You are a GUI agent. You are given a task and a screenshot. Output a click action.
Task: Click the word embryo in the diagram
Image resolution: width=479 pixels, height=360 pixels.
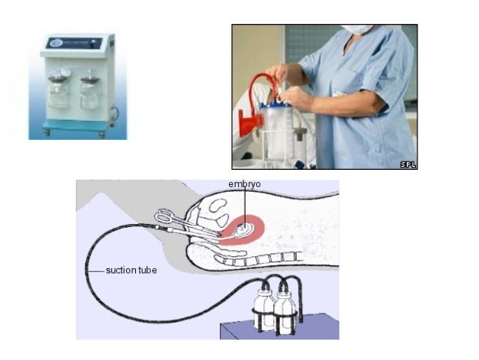click(245, 184)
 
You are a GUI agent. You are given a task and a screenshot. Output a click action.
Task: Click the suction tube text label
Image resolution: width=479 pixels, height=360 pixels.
click(131, 271)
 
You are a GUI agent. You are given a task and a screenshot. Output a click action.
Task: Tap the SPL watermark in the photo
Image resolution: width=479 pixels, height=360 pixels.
click(408, 165)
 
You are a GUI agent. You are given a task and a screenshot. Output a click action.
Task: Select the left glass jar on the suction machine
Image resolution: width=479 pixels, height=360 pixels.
click(58, 90)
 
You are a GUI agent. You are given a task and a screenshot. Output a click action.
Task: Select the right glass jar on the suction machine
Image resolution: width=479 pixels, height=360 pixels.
click(90, 91)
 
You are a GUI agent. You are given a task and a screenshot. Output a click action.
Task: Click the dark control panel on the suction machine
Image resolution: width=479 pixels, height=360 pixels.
click(74, 43)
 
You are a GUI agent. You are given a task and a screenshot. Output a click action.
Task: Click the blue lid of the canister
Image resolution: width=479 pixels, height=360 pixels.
click(277, 104)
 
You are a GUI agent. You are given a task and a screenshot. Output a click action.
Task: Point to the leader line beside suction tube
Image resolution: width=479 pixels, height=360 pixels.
click(95, 271)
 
